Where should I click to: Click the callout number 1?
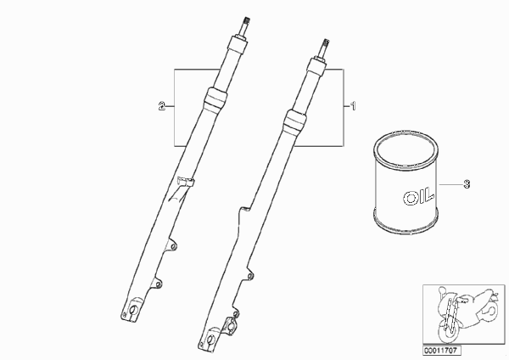pyautogui.click(x=353, y=106)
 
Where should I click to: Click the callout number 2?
pyautogui.click(x=162, y=106)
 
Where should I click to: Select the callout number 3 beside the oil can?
pyautogui.click(x=467, y=184)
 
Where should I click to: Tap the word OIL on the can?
pyautogui.click(x=418, y=196)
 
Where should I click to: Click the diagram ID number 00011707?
pyautogui.click(x=441, y=351)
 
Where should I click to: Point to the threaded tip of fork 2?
pyautogui.click(x=246, y=20)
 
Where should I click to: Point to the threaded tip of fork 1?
pyautogui.click(x=326, y=42)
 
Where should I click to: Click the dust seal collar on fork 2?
pyautogui.click(x=215, y=98)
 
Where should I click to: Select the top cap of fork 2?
pyautogui.click(x=238, y=43)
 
